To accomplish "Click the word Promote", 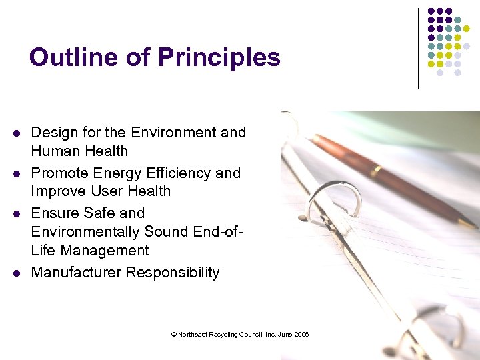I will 60,173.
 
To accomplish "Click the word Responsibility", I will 177,273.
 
